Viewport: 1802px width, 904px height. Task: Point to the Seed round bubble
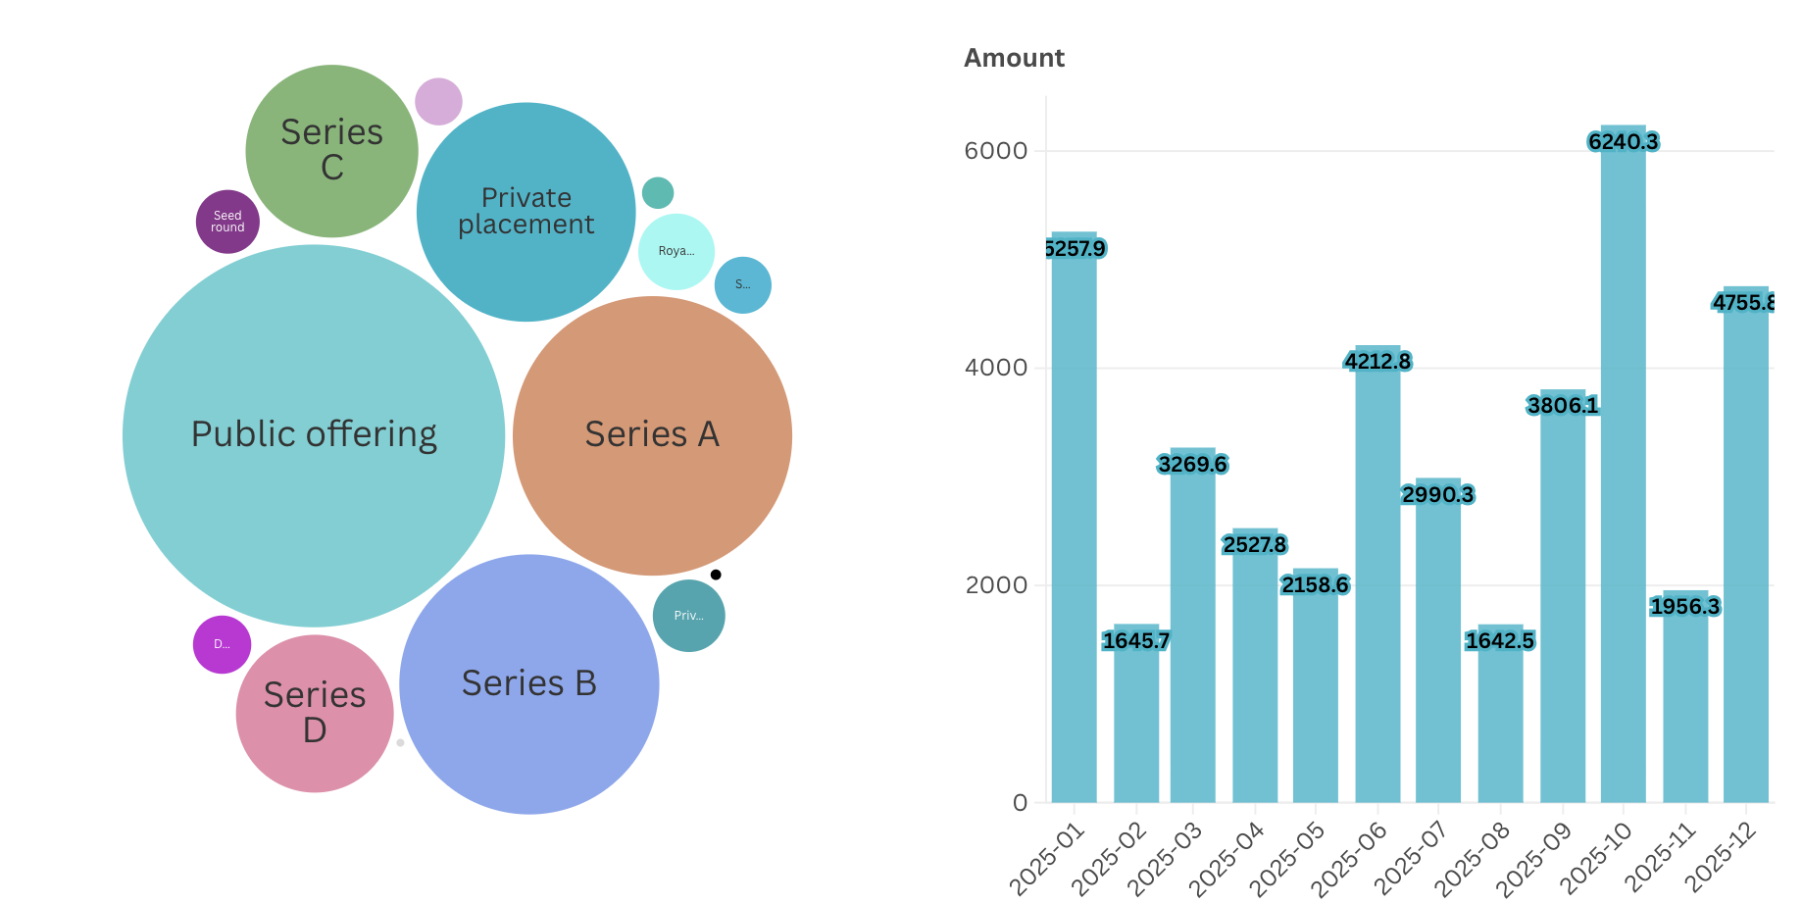point(227,222)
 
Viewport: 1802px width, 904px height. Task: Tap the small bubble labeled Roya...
point(676,251)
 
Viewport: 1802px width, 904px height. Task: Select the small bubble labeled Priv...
point(689,616)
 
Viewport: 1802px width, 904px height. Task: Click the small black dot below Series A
point(716,575)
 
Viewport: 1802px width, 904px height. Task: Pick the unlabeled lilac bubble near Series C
point(438,101)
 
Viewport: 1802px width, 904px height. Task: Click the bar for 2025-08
point(1500,726)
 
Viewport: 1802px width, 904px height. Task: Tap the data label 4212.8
point(1377,362)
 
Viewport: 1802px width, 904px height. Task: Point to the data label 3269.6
point(1192,464)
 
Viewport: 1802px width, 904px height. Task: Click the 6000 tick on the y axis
point(995,151)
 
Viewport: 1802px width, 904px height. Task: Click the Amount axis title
point(1014,59)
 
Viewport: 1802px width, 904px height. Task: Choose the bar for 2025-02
point(1135,726)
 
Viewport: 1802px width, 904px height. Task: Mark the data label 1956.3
point(1684,607)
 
